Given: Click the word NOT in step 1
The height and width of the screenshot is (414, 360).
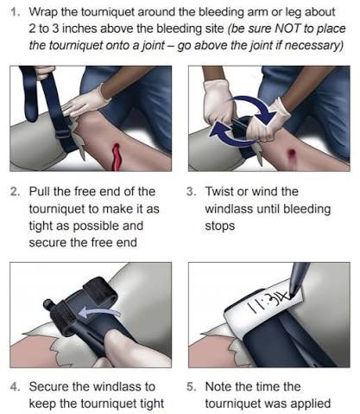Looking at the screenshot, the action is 288,29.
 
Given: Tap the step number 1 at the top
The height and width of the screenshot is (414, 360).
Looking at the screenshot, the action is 15,12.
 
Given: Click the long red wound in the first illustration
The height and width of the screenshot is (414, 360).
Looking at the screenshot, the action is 117,156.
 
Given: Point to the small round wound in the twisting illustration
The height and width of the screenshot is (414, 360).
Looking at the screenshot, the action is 292,152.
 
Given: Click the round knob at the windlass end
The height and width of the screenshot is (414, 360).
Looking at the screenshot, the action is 47,304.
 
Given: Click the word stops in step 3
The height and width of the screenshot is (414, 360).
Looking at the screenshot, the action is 220,226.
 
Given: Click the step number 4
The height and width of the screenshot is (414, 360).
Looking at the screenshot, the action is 15,386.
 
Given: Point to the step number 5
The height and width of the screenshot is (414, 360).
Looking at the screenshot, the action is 192,386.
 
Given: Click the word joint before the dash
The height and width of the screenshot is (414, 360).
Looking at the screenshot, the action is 153,46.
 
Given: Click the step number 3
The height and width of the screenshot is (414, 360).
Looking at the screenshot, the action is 191,192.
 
